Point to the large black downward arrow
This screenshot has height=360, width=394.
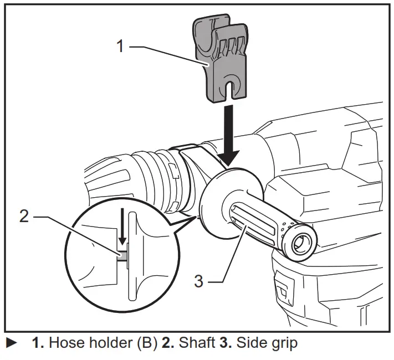228,133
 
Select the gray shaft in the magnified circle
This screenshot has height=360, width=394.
121,254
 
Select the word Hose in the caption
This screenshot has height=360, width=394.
64,343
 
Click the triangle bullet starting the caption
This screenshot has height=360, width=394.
10,343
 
